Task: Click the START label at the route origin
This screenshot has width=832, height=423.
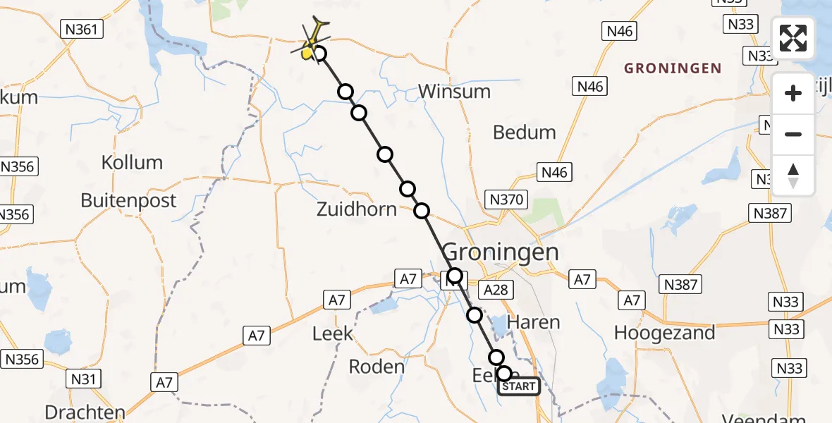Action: coord(520,386)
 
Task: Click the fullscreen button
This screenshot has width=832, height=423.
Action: coord(793,37)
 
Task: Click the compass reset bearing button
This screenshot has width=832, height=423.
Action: coord(793,176)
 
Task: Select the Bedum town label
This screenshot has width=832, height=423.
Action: coord(525,133)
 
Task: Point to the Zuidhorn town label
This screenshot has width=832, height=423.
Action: coord(357,209)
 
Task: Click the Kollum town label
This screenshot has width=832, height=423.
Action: coord(132,162)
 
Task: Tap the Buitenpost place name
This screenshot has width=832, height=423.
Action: coord(128,200)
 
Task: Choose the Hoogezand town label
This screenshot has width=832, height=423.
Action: coord(664,333)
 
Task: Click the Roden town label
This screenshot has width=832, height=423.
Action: coord(377,367)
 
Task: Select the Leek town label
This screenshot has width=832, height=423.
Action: coord(332,333)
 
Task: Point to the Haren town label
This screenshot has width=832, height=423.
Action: coord(539,323)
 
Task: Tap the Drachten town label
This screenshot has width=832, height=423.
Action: coord(85,412)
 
